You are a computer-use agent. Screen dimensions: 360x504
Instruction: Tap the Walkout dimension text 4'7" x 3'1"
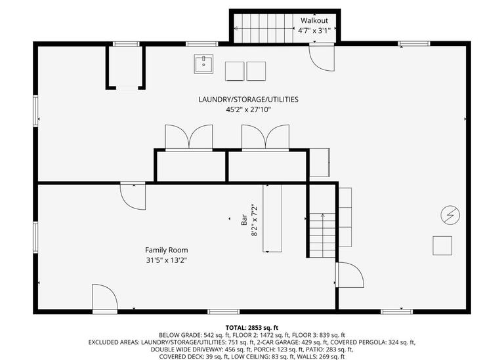(x=314, y=31)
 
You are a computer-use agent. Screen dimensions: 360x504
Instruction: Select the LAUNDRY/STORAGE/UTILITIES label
(x=248, y=100)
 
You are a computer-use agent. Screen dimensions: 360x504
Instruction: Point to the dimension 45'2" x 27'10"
(x=248, y=110)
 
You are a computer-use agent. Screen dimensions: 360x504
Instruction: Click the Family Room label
(x=166, y=250)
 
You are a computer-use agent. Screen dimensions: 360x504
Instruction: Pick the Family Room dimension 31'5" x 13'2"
(x=166, y=260)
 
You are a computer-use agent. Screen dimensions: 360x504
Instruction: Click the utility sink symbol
(x=203, y=64)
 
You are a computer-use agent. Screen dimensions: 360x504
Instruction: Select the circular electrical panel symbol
(x=450, y=214)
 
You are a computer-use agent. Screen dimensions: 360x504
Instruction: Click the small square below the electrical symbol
(x=442, y=245)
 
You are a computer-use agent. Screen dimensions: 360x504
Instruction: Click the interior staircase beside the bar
(x=322, y=236)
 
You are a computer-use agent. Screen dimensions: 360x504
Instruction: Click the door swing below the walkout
(x=322, y=57)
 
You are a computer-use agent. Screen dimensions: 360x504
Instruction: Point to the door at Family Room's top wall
(x=133, y=195)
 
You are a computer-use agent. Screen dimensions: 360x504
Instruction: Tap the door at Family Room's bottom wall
(x=104, y=298)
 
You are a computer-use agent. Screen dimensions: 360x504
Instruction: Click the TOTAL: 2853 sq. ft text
(x=252, y=327)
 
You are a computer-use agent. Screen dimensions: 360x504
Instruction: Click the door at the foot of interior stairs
(x=349, y=275)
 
